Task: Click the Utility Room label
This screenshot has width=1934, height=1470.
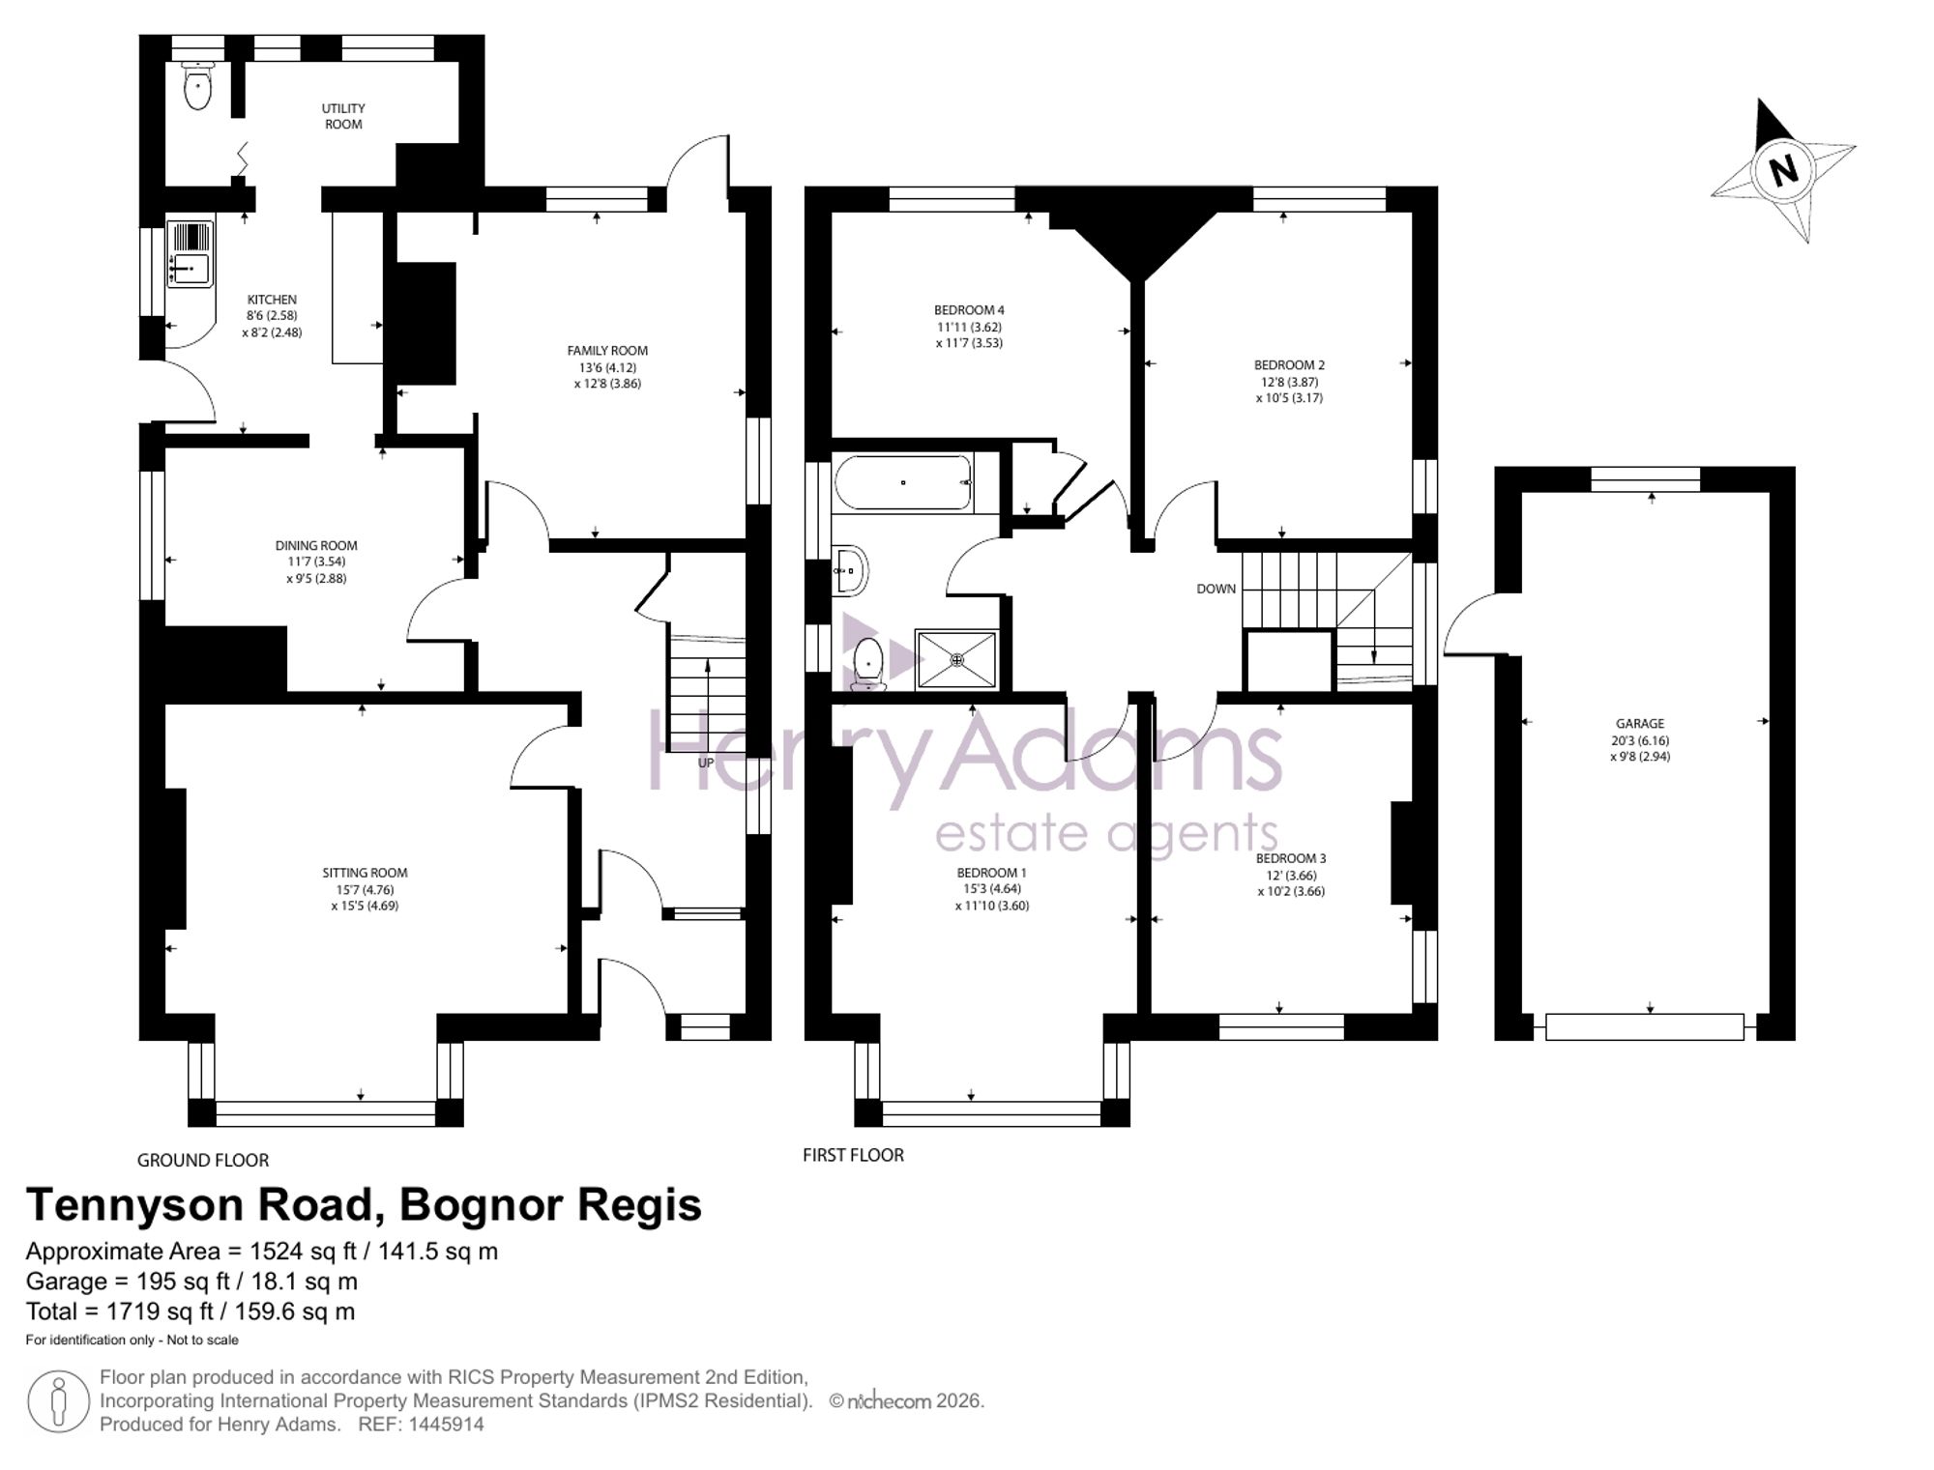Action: [x=343, y=116]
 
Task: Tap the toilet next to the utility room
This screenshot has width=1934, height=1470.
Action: [x=197, y=86]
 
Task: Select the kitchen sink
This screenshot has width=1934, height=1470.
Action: [x=190, y=255]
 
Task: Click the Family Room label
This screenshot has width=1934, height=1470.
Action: [x=607, y=351]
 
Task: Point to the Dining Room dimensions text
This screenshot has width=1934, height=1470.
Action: [x=316, y=570]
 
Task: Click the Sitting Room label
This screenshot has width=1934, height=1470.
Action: [x=365, y=873]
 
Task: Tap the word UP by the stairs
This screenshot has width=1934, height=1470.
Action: [x=706, y=763]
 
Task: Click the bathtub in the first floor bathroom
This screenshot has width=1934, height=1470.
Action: [x=903, y=482]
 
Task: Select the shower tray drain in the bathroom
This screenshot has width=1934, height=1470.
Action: [x=956, y=660]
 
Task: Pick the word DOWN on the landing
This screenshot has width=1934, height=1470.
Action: [x=1216, y=589]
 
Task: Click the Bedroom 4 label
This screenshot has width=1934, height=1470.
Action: [x=969, y=310]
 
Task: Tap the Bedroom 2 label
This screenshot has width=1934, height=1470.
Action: [x=1289, y=365]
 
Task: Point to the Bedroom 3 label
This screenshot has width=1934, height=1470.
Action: [x=1291, y=858]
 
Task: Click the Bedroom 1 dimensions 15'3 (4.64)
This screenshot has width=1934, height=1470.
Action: [x=991, y=889]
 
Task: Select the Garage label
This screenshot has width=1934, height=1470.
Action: [x=1640, y=723]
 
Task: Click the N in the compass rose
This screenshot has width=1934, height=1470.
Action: [x=1783, y=171]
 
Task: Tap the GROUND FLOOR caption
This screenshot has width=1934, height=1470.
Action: [x=203, y=1160]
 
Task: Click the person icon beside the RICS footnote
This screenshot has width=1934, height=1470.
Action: [x=59, y=1401]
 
